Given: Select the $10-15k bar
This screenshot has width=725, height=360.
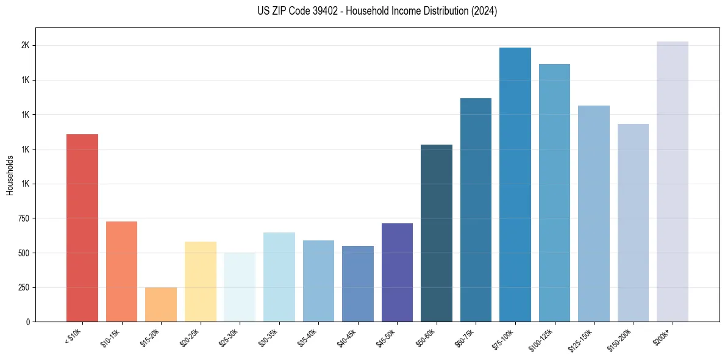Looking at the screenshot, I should point(121,272).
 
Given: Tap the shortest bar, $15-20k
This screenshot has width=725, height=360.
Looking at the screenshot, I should point(161,304).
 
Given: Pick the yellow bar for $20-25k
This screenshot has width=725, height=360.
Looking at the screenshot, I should point(200,281).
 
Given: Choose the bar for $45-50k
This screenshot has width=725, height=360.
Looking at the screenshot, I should point(397,272).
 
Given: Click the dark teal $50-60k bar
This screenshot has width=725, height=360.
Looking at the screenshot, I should point(437,233).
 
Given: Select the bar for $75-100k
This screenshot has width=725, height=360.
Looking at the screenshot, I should point(515,184).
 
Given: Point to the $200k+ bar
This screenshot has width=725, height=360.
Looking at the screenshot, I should point(673,181).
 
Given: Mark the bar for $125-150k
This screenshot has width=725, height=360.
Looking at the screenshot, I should point(594,214).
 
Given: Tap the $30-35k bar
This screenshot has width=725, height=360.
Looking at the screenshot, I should point(279,277).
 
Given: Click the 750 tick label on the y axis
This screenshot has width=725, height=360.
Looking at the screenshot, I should point(24,218).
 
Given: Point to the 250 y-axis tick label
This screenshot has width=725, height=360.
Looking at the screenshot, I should point(24,287).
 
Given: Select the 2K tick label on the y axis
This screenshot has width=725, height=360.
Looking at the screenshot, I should point(26,46).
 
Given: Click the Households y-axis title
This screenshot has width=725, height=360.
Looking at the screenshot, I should point(10,175).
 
